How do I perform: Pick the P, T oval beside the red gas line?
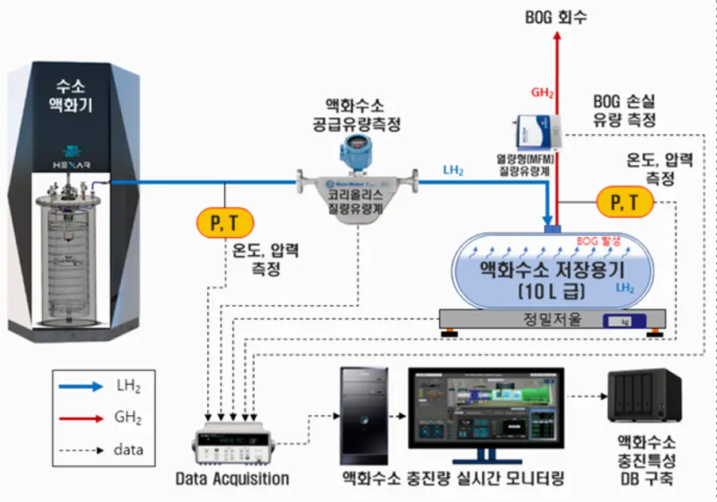(x=623, y=202)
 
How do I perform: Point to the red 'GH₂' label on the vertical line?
(x=542, y=92)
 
